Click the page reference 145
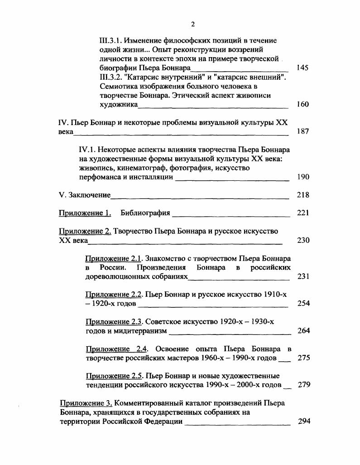(302, 68)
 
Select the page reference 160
(302, 104)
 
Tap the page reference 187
(302, 131)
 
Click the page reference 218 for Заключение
(302, 195)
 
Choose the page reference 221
(302, 213)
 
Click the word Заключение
(90, 195)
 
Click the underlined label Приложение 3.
(86, 403)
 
